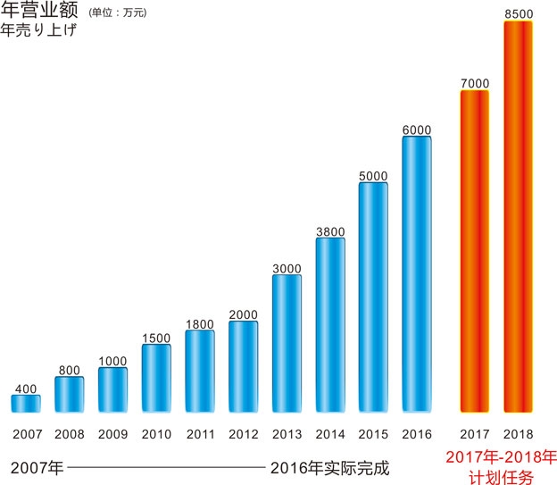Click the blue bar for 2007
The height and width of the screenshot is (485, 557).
[x=26, y=404]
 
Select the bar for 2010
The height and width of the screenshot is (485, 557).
[x=156, y=378]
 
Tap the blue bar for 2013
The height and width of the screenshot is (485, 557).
[x=287, y=344]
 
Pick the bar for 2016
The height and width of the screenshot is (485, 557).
[x=417, y=275]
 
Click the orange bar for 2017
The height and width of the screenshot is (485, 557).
[x=475, y=252]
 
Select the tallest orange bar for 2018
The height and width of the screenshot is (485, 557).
[x=519, y=217]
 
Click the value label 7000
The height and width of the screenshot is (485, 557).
[x=475, y=83]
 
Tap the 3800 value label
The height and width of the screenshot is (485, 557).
[x=330, y=231]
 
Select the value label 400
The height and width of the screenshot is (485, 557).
[x=26, y=389]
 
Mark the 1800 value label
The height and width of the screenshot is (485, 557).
[x=200, y=324]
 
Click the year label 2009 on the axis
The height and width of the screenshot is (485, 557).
[x=112, y=435]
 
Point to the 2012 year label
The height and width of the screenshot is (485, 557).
[x=243, y=435]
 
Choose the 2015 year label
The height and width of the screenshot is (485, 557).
[x=373, y=435]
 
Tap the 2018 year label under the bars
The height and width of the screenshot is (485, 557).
[x=519, y=435]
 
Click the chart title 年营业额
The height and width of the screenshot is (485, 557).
[x=40, y=12]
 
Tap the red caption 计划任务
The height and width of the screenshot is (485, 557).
[x=504, y=478]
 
